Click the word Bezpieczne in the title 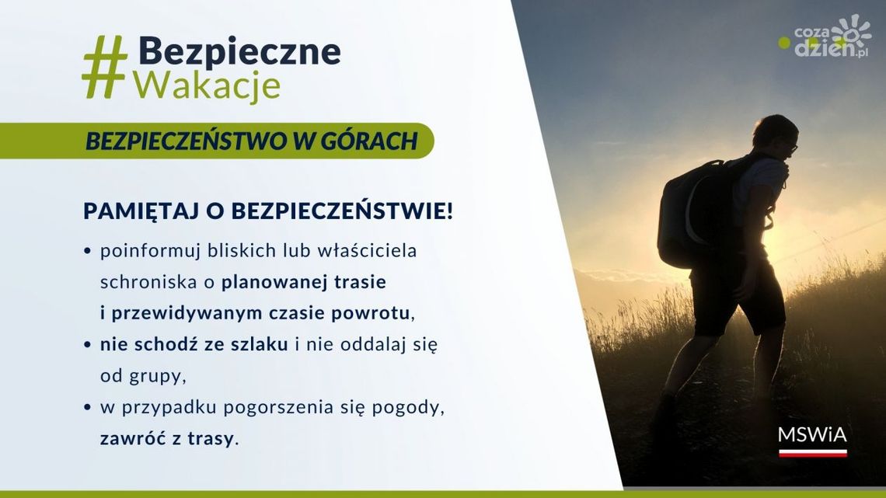tap(239, 51)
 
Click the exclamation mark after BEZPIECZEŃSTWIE tap(448, 211)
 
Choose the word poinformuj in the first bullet tap(147, 252)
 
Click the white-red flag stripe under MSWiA tap(812, 452)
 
